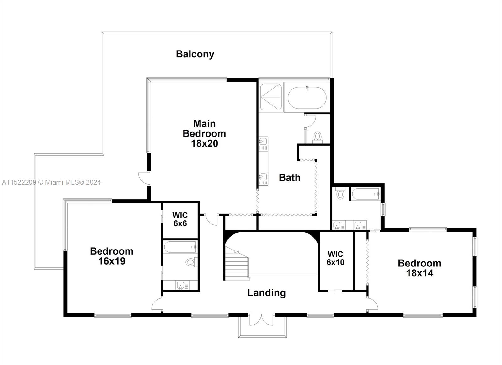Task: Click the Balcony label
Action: point(195,54)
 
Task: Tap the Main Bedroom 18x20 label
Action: point(204,133)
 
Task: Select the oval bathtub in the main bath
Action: point(307,98)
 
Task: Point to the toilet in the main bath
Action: point(318,137)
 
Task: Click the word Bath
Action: point(290,178)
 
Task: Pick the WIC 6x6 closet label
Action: point(180,219)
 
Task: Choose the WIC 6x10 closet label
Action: point(335,258)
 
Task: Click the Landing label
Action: point(266,293)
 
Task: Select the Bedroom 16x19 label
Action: point(112,256)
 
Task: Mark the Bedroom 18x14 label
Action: point(419,268)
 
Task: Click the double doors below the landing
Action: point(262,319)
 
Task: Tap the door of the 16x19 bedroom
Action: point(157,304)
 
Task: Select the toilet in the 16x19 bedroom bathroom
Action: point(191,261)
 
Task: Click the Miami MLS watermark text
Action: point(51,182)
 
